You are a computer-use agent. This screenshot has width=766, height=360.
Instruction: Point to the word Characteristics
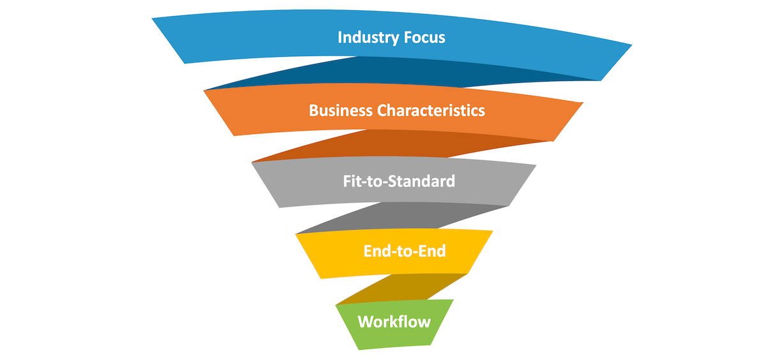pyautogui.click(x=431, y=110)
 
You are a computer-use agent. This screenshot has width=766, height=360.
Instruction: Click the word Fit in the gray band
pyautogui.click(x=352, y=181)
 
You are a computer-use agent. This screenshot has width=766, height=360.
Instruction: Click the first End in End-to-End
pyautogui.click(x=376, y=251)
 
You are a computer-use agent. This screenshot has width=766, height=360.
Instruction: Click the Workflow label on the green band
pyautogui.click(x=394, y=322)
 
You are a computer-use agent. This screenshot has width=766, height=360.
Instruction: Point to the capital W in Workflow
pyautogui.click(x=366, y=322)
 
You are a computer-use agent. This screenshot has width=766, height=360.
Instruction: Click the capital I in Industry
pyautogui.click(x=340, y=38)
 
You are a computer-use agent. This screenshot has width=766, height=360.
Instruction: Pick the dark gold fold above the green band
pyautogui.click(x=402, y=289)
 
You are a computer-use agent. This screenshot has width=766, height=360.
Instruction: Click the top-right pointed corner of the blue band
pyautogui.click(x=631, y=45)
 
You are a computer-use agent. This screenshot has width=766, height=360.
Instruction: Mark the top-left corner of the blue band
pyautogui.click(x=153, y=19)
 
